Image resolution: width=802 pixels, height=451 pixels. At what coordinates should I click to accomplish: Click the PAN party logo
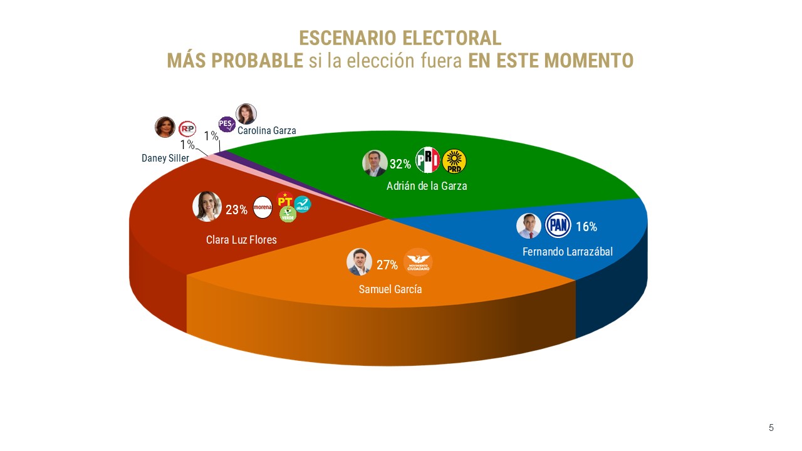coord(557,226)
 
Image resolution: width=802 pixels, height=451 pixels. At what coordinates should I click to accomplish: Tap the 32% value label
coord(400,164)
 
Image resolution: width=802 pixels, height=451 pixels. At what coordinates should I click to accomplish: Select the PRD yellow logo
coord(454,162)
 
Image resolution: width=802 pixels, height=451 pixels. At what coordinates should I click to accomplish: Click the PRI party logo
coord(428,160)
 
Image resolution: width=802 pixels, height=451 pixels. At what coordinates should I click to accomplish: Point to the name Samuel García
coord(390,289)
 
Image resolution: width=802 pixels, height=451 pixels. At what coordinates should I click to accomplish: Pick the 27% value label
coord(387,265)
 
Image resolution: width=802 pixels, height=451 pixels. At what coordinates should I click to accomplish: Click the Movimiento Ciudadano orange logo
coord(418,262)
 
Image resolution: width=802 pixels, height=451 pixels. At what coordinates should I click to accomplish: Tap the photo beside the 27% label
coord(359,262)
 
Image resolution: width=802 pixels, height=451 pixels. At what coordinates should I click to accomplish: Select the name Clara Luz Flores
coord(241,239)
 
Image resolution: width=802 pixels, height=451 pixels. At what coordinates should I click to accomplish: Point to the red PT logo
coord(285,199)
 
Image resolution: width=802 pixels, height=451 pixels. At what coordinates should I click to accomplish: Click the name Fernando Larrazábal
coord(568,252)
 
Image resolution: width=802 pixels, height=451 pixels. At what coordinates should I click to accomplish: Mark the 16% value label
coord(586,227)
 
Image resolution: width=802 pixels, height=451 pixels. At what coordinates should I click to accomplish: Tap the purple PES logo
coord(227,124)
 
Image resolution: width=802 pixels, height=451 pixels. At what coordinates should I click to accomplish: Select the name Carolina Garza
coord(266,131)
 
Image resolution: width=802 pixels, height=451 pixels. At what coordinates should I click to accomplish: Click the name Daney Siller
coord(165,158)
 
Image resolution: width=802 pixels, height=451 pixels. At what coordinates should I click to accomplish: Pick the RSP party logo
coord(187,129)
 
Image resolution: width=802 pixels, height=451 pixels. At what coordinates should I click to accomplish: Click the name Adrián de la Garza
coord(427,186)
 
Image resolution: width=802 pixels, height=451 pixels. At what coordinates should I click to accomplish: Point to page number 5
coord(771,428)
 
